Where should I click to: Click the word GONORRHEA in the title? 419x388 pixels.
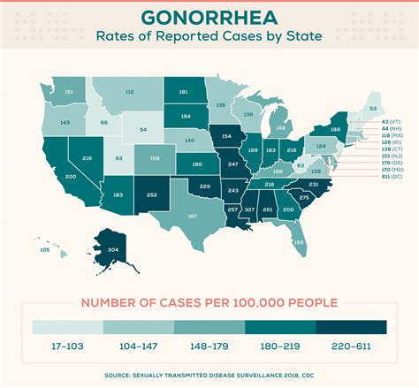pyautogui.click(x=209, y=19)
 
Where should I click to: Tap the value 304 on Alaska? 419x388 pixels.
pyautogui.click(x=112, y=250)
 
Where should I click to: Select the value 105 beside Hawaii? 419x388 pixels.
pyautogui.click(x=45, y=249)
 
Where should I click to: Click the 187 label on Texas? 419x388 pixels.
pyautogui.click(x=192, y=216)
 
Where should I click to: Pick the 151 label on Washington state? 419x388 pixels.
pyautogui.click(x=69, y=92)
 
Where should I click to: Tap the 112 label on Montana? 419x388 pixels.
pyautogui.click(x=129, y=92)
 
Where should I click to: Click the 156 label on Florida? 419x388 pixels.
pyautogui.click(x=299, y=242)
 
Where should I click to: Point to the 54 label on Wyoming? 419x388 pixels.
pyautogui.click(x=143, y=129)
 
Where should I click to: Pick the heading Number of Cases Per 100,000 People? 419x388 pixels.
pyautogui.click(x=209, y=302)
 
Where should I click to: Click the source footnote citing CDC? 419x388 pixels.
pyautogui.click(x=209, y=375)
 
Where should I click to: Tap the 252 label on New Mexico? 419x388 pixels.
pyautogui.click(x=152, y=194)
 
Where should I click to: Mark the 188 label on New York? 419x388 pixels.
pyautogui.click(x=335, y=129)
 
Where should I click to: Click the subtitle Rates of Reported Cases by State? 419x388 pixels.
pyautogui.click(x=209, y=39)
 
